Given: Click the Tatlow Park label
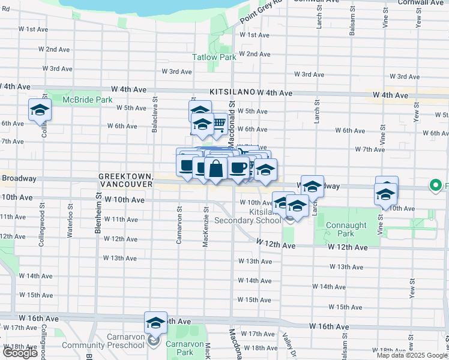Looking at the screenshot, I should click(214, 58).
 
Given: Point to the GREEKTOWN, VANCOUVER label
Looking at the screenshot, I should click(126, 179).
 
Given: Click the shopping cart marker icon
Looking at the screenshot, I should click(218, 124).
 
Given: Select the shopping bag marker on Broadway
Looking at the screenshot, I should click(216, 169).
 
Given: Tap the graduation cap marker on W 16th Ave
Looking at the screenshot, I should click(155, 323).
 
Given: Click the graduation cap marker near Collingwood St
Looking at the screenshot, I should click(40, 110).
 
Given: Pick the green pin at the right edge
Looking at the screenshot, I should click(436, 186).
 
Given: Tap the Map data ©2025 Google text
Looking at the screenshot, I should click(411, 355).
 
